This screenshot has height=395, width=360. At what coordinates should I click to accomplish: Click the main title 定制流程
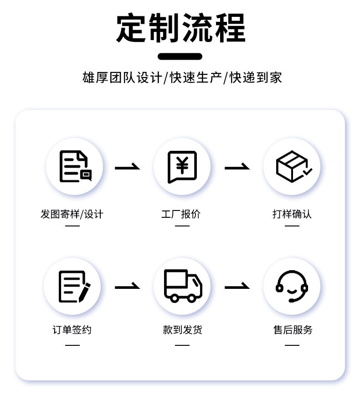pyautogui.click(x=180, y=28)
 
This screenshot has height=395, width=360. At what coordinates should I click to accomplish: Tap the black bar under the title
pyautogui.click(x=180, y=56)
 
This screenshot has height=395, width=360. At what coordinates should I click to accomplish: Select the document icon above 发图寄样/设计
pyautogui.click(x=74, y=166)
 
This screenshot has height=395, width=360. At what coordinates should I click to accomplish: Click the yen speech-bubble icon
pyautogui.click(x=182, y=166)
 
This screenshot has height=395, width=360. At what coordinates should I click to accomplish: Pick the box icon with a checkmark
pyautogui.click(x=292, y=166)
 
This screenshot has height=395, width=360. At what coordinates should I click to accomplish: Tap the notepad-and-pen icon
pyautogui.click(x=73, y=286)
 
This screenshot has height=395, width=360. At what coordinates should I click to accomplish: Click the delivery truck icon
pyautogui.click(x=182, y=286)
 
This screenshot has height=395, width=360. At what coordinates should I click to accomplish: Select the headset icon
pyautogui.click(x=292, y=286)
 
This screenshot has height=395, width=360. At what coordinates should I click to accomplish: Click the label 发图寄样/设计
pyautogui.click(x=72, y=214)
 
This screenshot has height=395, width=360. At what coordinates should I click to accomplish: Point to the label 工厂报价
pyautogui.click(x=181, y=214)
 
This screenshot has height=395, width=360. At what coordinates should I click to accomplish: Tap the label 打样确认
pyautogui.click(x=292, y=214)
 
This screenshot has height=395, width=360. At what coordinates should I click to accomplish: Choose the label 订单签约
pyautogui.click(x=72, y=329)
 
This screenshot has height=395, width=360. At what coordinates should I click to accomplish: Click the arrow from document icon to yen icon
pyautogui.click(x=127, y=167)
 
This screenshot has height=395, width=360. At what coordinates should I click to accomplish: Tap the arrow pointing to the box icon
pyautogui.click(x=237, y=167)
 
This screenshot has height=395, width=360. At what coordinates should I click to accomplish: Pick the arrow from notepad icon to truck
pyautogui.click(x=127, y=287)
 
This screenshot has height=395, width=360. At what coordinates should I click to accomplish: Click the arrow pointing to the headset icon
pyautogui.click(x=237, y=287)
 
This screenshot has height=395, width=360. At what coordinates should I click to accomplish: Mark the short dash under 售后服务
pyautogui.click(x=292, y=345)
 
